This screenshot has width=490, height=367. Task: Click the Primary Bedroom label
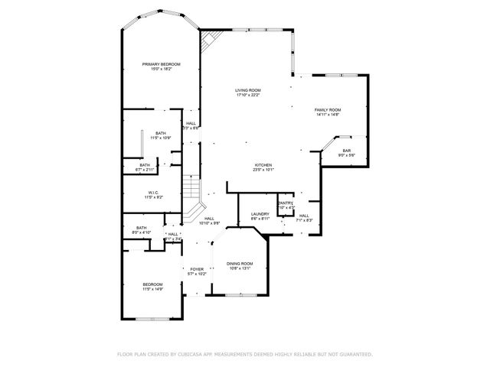[161, 63]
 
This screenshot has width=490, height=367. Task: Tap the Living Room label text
[248, 90]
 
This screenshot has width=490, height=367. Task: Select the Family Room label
[328, 110]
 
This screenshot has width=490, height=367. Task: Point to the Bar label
[346, 151]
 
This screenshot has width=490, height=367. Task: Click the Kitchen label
[263, 165]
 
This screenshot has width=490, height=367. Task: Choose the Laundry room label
[260, 214]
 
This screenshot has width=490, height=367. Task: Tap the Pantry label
[286, 203]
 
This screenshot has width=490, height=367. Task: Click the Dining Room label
[240, 264]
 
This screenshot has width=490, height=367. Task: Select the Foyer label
[197, 269]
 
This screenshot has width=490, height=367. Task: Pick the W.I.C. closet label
[154, 192]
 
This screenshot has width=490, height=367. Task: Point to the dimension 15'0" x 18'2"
[161, 69]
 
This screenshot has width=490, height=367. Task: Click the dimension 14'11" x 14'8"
[328, 115]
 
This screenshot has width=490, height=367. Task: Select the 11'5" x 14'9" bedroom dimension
[152, 290]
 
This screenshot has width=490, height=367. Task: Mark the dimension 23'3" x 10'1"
[263, 171]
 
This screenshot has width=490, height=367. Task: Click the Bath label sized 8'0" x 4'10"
[142, 227]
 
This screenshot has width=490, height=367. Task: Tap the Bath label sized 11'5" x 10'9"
[161, 133]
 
